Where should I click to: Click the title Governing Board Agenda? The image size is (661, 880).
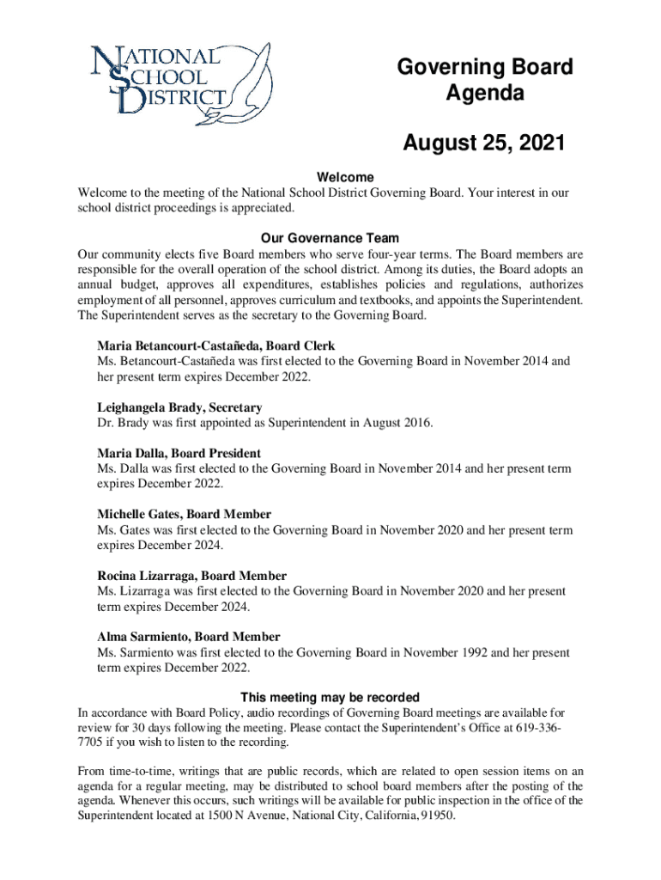point(484,81)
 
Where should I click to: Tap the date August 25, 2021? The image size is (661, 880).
point(484,143)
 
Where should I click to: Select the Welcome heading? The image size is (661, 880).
point(330,177)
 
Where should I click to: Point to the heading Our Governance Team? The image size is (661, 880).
point(330,238)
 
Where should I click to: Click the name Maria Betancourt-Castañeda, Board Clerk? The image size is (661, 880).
point(216,345)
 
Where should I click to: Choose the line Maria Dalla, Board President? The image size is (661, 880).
point(179,453)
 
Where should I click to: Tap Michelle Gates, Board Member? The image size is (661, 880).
point(185,514)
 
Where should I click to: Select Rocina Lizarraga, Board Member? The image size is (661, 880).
point(192,575)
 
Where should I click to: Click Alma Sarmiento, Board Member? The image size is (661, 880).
point(189,637)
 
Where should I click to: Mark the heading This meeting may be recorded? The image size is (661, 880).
point(330,697)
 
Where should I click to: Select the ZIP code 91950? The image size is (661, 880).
point(436,816)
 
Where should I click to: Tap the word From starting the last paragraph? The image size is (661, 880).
point(93,770)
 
